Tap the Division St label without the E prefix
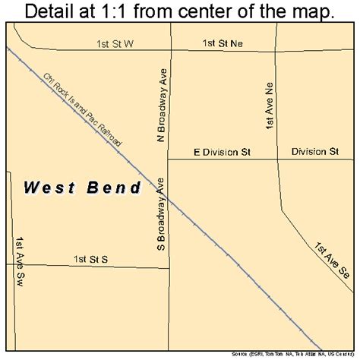(x=314, y=152)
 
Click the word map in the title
(x=313, y=11)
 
